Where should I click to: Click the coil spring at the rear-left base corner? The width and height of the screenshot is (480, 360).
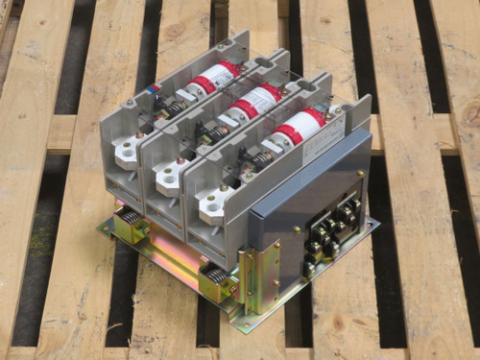point(129,227)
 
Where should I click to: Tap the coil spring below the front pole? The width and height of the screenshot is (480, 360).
point(216,284)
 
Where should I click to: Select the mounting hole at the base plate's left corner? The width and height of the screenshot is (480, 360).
point(104,228)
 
